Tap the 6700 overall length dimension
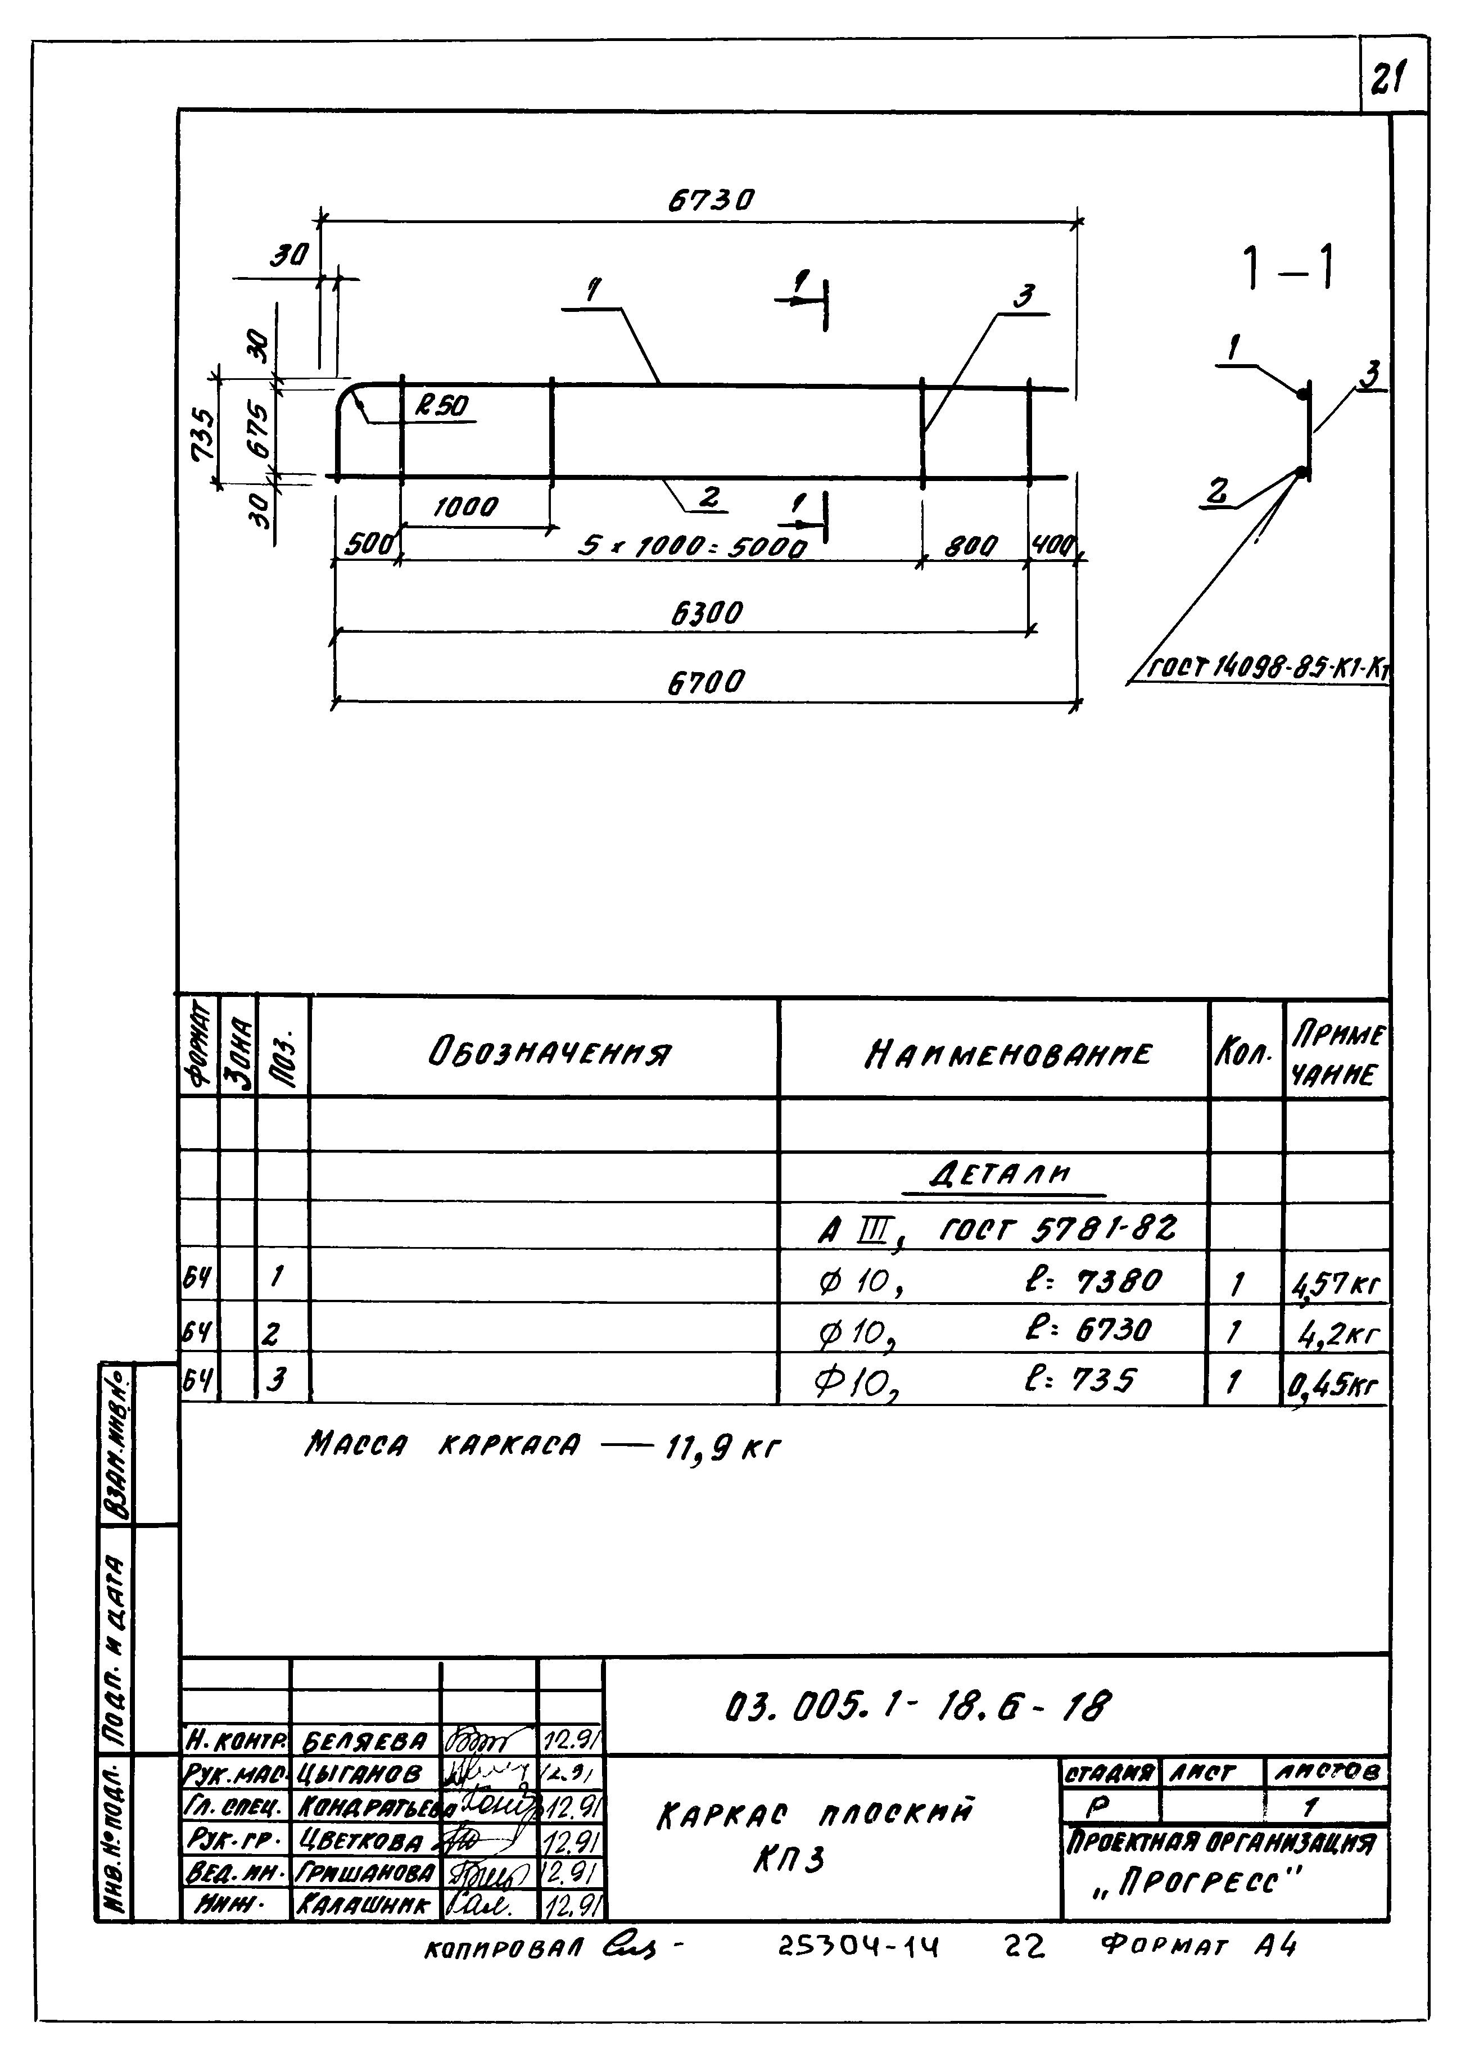click(x=706, y=683)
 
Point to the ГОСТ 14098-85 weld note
click(x=1269, y=668)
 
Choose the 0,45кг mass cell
click(x=1334, y=1385)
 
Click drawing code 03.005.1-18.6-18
click(x=917, y=1705)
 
